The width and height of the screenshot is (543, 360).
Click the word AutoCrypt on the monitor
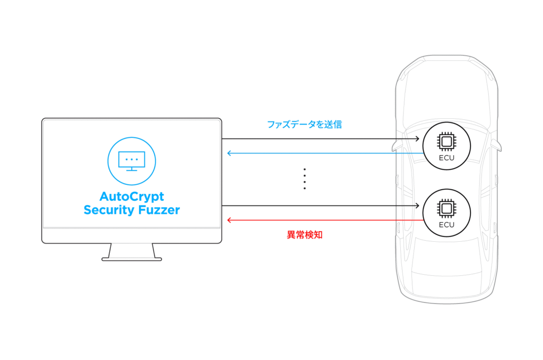(132, 197)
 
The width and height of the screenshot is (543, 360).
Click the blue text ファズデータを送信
(304, 125)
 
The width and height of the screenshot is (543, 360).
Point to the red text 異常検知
(304, 235)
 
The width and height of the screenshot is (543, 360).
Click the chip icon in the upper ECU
(446, 141)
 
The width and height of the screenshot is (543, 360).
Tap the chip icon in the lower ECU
(446, 207)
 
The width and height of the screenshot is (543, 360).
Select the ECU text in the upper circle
(446, 157)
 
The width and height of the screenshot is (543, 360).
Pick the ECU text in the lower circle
(446, 224)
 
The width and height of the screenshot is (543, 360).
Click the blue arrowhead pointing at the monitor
(229, 153)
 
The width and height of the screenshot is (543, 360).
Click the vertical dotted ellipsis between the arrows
(304, 179)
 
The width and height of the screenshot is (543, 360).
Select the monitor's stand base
(132, 259)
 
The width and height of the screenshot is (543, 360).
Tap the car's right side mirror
(497, 144)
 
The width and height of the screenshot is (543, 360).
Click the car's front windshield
(446, 114)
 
